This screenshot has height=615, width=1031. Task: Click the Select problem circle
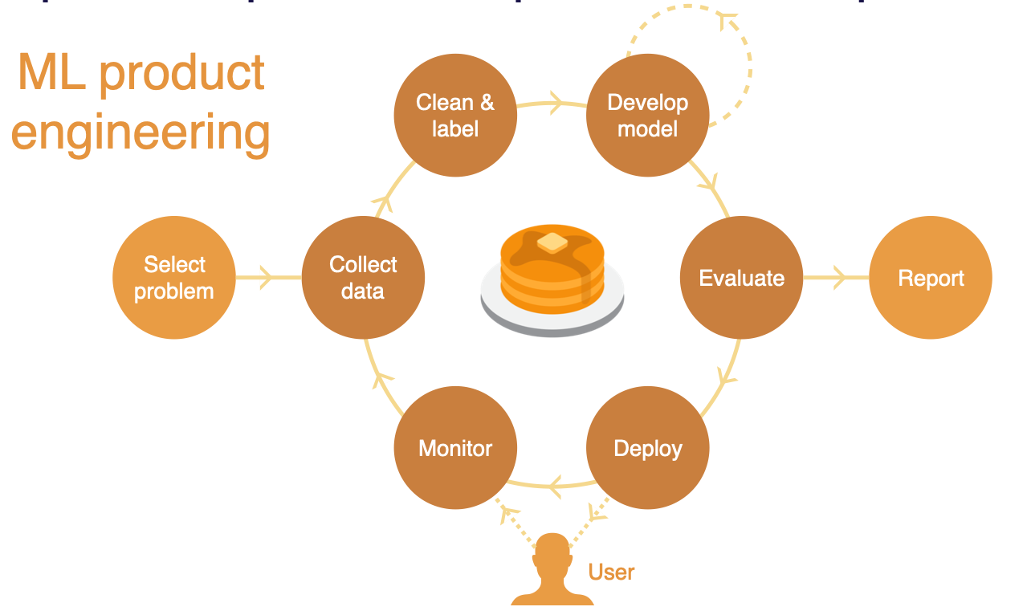(x=174, y=278)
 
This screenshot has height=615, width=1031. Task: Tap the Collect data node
(x=363, y=278)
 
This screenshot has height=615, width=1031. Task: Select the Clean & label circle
(x=455, y=116)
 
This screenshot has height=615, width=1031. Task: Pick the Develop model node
(x=648, y=116)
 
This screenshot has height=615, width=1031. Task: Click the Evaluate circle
(x=741, y=278)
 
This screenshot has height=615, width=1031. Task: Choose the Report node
(x=931, y=278)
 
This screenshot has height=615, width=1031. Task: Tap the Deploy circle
(x=648, y=448)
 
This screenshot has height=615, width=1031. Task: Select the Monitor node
(x=455, y=448)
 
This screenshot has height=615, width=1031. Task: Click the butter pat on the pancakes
(x=552, y=242)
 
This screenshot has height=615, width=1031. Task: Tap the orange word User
(x=611, y=572)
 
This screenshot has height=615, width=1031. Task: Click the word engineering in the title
(x=141, y=132)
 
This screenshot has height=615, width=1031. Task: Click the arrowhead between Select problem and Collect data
(x=267, y=278)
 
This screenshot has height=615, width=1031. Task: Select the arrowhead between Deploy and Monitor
(x=555, y=484)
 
